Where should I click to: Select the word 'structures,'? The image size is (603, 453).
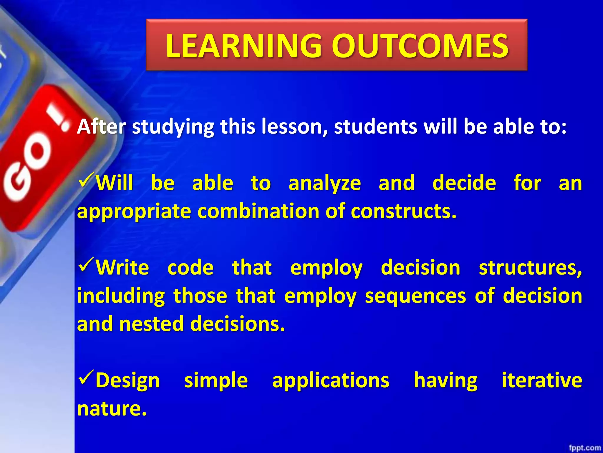(530, 268)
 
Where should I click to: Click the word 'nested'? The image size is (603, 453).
(151, 324)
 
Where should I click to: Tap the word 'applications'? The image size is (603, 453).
(331, 380)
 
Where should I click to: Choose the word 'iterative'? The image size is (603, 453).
(542, 380)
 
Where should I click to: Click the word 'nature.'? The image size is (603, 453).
(112, 409)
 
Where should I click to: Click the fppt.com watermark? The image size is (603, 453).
(584, 448)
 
